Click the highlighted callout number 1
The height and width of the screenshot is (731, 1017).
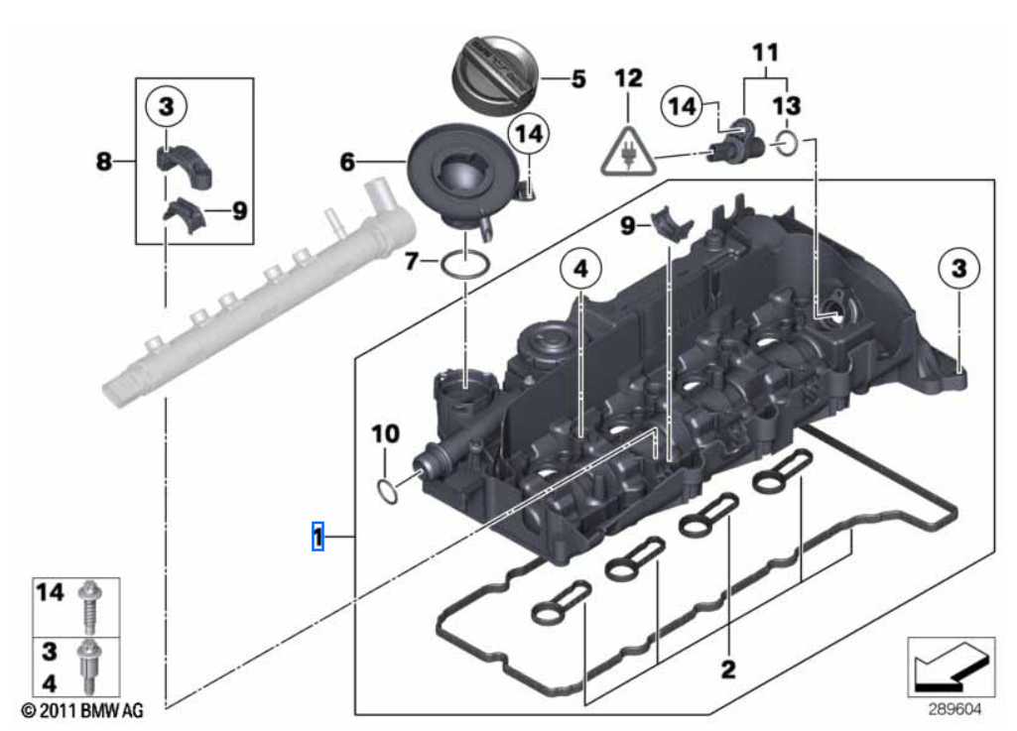coord(318,537)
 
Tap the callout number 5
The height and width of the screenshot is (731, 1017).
coord(577,76)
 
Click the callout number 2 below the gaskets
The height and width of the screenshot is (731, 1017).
coord(728,669)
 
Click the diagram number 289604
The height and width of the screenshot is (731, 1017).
coord(951,710)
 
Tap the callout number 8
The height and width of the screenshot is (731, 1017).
coord(104,161)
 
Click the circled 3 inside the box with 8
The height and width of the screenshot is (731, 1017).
coord(166,104)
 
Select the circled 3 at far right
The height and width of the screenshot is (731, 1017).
coord(958,267)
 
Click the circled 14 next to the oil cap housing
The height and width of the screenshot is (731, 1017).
coord(529,134)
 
